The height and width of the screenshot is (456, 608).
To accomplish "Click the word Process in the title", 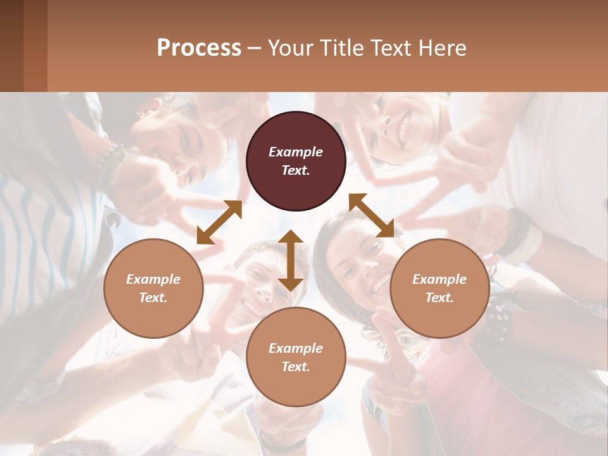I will point(199,48).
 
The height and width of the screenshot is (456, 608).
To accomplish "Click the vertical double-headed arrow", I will point(291,260).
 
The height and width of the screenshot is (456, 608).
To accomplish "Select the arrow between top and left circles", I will point(219,222).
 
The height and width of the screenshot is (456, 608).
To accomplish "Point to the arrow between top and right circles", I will point(371,215).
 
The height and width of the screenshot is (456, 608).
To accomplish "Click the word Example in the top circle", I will point(296,152).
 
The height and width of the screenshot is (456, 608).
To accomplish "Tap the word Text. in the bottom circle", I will point(296,367).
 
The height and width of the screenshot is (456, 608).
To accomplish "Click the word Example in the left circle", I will point(153,279).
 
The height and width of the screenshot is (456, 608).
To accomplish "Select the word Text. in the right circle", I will point(440,298).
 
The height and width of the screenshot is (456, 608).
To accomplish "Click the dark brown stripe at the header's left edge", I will point(11,46).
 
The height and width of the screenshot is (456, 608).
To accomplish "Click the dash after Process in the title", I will point(255,48).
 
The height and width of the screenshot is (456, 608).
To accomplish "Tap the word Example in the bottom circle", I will point(296,348).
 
